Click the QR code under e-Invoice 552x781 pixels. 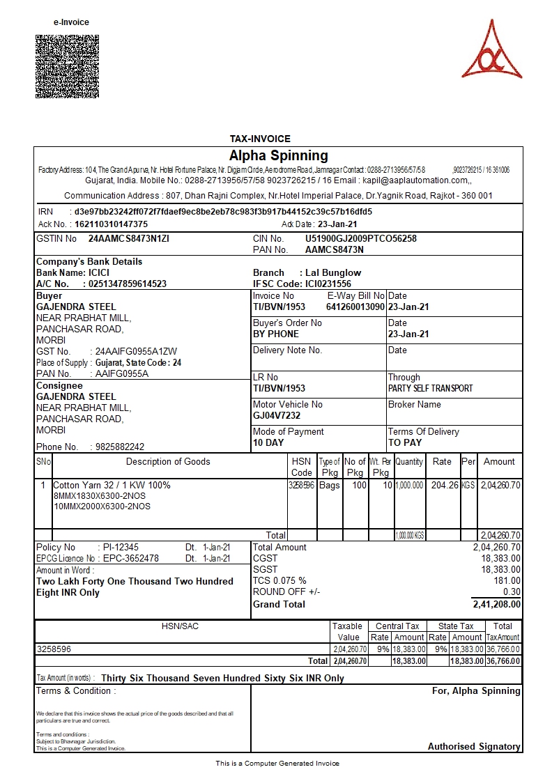coord(67,66)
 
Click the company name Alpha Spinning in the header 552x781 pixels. coord(278,155)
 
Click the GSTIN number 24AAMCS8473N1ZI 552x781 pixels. coord(129,238)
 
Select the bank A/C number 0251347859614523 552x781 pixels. coord(125,284)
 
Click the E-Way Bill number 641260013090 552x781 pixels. coord(355,307)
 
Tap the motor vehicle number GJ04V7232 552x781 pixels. coord(277,415)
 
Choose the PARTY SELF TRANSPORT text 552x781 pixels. coord(430,388)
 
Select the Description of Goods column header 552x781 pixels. coord(168,461)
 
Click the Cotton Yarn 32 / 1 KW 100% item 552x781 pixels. coord(112,485)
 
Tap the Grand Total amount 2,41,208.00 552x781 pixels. coord(496,604)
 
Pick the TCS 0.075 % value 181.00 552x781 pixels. coord(507,580)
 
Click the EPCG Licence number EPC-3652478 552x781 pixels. coord(130,558)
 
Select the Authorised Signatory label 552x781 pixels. coord(474,746)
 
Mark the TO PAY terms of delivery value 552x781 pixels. coord(405,442)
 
